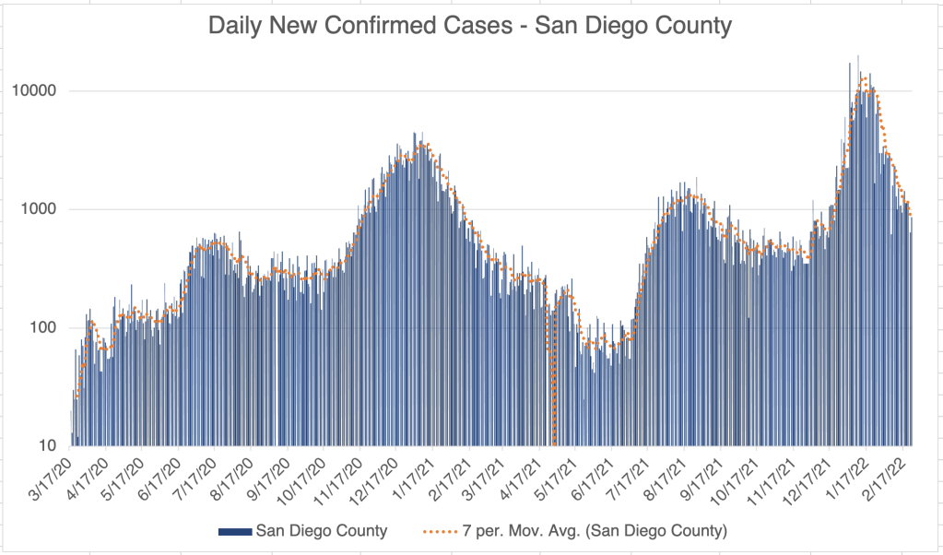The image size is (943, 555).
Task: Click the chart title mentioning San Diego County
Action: click(x=470, y=26)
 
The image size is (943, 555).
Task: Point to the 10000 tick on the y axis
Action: click(x=38, y=91)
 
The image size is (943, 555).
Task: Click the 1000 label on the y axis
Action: click(x=41, y=209)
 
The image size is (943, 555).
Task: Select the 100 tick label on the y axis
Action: click(x=45, y=328)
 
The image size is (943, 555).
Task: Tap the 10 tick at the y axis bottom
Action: click(x=49, y=446)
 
